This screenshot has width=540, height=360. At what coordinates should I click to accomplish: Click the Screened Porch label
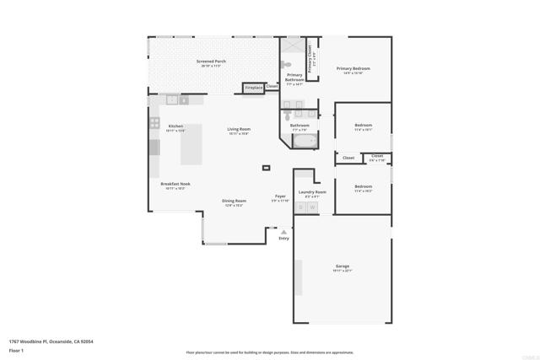point(211,62)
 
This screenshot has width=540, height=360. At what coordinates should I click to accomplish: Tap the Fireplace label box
point(252,87)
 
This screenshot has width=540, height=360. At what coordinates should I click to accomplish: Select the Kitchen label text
point(175,126)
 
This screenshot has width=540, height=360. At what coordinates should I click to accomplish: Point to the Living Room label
point(239,129)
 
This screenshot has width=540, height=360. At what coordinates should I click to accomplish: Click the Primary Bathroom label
point(294,78)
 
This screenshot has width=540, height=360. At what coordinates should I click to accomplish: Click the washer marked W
point(312,207)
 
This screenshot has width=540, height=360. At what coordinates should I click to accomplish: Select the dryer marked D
point(300,207)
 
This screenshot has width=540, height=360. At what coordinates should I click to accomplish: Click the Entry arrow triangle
point(283,230)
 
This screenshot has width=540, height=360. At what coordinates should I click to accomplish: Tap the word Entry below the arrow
point(283,239)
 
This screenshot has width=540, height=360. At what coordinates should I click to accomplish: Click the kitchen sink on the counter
point(176,99)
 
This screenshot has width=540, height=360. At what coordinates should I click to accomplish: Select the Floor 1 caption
point(16,349)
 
